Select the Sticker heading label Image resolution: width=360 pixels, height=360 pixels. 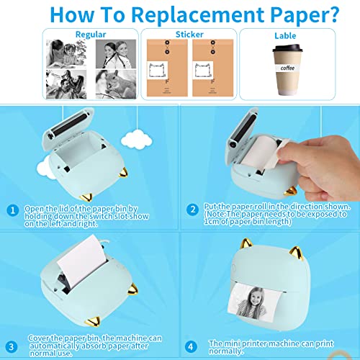pyautogui.click(x=188, y=33)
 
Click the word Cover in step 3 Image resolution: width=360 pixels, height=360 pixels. pyautogui.click(x=38, y=337)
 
